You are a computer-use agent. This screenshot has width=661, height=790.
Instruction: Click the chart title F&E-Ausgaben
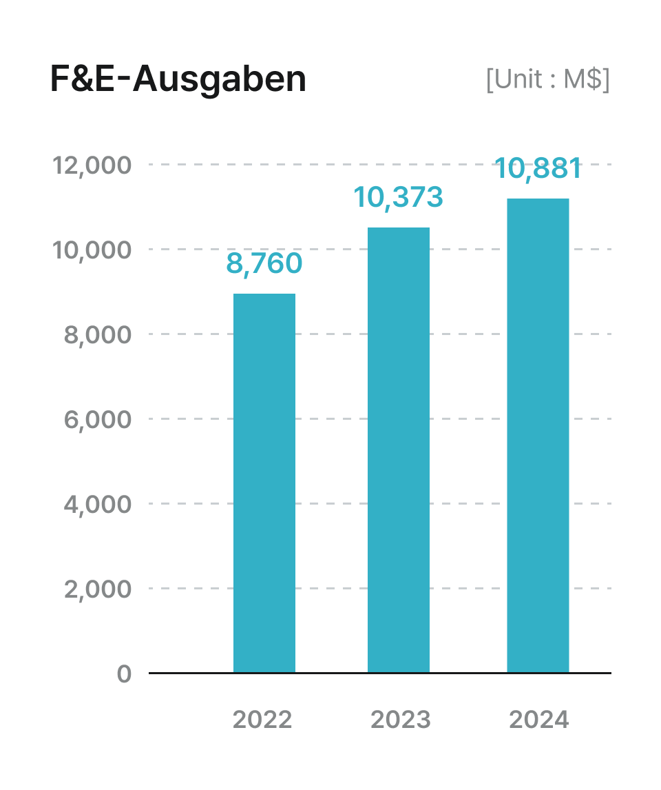(x=178, y=79)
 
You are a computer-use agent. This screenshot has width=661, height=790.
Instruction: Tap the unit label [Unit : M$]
(x=547, y=79)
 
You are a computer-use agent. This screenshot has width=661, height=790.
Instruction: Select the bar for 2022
(x=264, y=483)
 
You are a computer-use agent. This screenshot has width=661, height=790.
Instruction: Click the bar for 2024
(x=538, y=435)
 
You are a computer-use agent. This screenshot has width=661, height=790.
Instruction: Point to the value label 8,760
(x=264, y=263)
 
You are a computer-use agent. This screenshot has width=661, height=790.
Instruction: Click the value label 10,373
(x=398, y=197)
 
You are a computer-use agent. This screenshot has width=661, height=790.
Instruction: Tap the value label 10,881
(x=538, y=168)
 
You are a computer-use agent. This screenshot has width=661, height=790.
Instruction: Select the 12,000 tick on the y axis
(x=92, y=165)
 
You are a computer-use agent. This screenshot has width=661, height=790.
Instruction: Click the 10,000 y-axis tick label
(x=92, y=250)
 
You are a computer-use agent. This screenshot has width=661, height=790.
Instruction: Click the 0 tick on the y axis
(x=124, y=673)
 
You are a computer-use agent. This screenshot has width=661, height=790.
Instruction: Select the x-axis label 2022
(x=262, y=720)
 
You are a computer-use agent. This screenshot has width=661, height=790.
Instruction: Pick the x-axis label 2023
(x=400, y=720)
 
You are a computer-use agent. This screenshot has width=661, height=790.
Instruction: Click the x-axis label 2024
(x=539, y=720)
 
